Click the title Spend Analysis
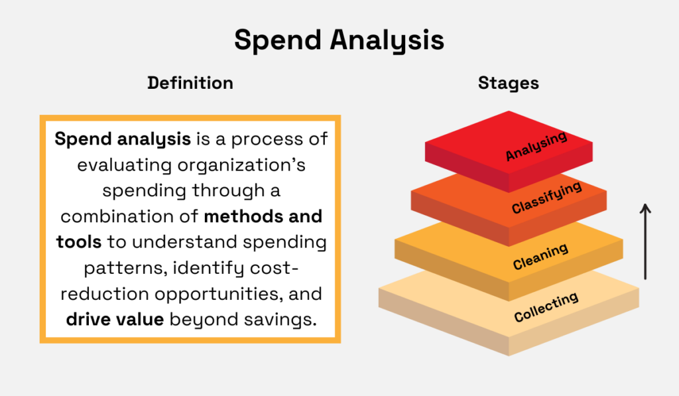[x=339, y=41]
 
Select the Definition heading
[x=190, y=83]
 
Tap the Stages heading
[x=508, y=83]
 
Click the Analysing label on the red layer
[x=536, y=146]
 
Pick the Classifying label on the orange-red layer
[x=546, y=198]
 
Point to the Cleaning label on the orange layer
[x=540, y=257]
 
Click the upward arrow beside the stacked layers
[x=645, y=242]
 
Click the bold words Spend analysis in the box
[x=123, y=140]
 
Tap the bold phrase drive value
[x=115, y=319]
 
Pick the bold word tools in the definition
[x=79, y=242]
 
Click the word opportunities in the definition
[x=225, y=293]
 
